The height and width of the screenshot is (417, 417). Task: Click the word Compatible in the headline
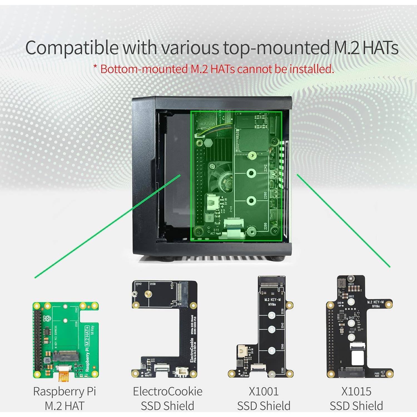[x=72, y=48]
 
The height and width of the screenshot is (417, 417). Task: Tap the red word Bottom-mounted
[x=144, y=69]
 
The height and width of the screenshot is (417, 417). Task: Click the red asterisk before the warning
[x=95, y=67]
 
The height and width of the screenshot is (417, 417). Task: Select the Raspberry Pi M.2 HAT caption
[x=64, y=398]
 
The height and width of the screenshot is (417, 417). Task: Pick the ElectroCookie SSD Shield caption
[x=167, y=398]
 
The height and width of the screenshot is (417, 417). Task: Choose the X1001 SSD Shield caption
[x=264, y=398]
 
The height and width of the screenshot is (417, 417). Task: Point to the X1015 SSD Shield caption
[x=356, y=398]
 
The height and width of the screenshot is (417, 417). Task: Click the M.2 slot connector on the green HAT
[x=66, y=356]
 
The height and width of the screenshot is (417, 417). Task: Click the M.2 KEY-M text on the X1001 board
[x=272, y=300]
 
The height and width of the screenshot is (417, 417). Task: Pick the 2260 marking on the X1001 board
[x=282, y=347]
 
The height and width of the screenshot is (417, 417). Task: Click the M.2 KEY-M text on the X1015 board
[x=375, y=302]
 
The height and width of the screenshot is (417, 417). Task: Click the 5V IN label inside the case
[x=226, y=201]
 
